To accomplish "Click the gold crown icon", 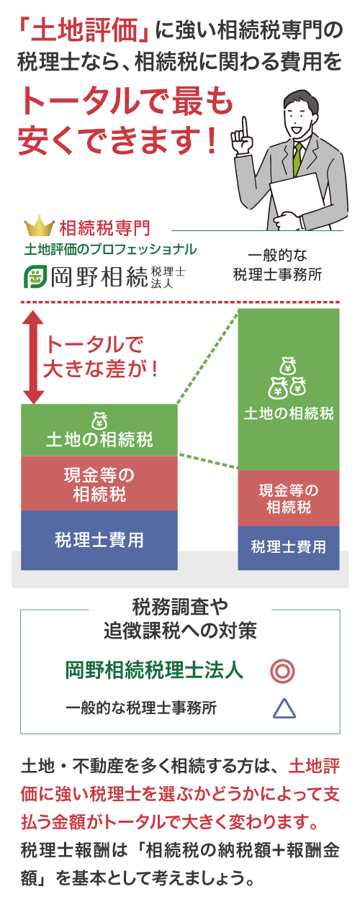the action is (39, 225).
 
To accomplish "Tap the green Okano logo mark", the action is (35, 276).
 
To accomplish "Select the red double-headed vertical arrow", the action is (34, 357).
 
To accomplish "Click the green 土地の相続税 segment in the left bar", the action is (99, 430).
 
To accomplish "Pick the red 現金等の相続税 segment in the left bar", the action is (99, 484).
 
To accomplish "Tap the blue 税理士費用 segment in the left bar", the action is (99, 540).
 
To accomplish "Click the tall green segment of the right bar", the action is (288, 389).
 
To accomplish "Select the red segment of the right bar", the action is (288, 498).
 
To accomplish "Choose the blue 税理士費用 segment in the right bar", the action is (288, 548).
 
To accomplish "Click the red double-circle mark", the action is (283, 671).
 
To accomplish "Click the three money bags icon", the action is (287, 377).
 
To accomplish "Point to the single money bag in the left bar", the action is (99, 420).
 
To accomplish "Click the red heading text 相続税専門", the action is (104, 228).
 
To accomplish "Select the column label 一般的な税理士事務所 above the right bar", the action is (277, 265).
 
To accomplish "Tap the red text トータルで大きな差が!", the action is (99, 357).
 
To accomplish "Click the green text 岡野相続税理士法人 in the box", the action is (154, 671).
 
